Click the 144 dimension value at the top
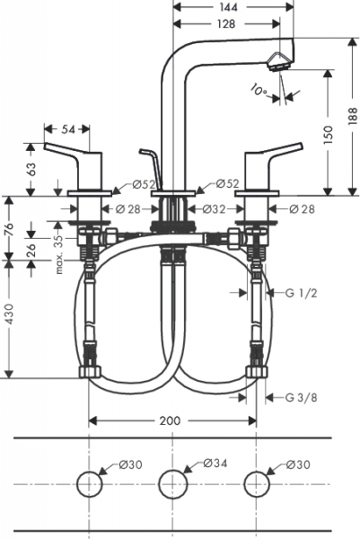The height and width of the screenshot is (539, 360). [227, 7]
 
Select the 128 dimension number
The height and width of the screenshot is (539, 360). [225, 23]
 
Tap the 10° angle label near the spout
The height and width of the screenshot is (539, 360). [259, 90]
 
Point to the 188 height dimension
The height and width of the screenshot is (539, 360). [353, 116]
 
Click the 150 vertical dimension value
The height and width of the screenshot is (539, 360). [328, 135]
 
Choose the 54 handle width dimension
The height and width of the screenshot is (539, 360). [68, 129]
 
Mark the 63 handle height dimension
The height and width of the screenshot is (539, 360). [31, 169]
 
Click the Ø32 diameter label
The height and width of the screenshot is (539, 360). [214, 208]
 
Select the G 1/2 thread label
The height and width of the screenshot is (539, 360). [302, 293]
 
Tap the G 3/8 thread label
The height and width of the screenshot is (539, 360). [302, 397]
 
